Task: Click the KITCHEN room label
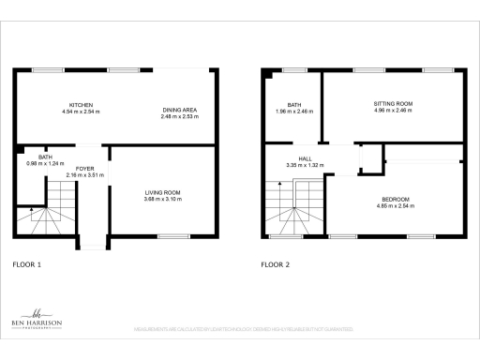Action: [81, 104]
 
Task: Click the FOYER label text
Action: [85, 170]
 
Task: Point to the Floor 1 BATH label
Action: [44, 157]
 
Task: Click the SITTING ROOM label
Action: [393, 104]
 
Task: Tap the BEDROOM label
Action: [395, 198]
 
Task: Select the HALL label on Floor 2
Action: [304, 159]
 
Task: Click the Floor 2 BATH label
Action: [293, 104]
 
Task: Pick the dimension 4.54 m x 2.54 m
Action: [81, 112]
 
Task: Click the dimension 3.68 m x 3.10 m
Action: [163, 199]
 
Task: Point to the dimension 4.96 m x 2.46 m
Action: [393, 112]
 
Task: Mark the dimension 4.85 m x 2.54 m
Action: [395, 205]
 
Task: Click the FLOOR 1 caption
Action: [27, 264]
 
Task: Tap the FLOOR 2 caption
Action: [275, 264]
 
